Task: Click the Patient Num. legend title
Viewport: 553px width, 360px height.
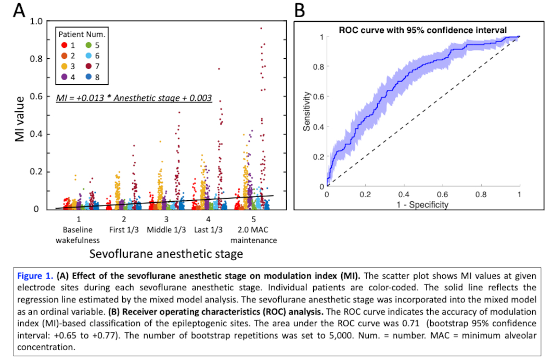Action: click(81, 34)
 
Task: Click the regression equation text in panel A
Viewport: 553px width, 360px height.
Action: click(134, 97)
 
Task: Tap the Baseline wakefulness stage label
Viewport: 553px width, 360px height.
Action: click(78, 235)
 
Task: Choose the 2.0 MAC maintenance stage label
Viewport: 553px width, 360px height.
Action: click(254, 235)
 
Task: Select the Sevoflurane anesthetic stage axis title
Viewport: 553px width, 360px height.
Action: click(166, 254)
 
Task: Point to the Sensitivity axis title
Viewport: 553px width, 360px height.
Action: click(307, 111)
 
